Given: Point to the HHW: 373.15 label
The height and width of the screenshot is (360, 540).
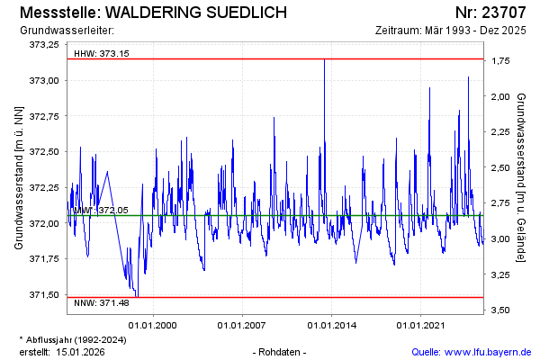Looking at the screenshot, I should pyautogui.click(x=101, y=53).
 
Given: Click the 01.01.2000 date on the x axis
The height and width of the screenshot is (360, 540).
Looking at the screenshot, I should pyautogui.click(x=152, y=324).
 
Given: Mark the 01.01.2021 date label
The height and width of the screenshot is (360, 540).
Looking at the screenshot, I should pyautogui.click(x=423, y=324).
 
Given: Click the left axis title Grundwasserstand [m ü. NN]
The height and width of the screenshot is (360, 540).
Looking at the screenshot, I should pyautogui.click(x=18, y=177).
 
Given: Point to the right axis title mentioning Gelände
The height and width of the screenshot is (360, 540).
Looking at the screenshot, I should pyautogui.click(x=522, y=177).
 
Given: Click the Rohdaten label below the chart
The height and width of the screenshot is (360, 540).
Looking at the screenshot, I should pyautogui.click(x=280, y=351).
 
